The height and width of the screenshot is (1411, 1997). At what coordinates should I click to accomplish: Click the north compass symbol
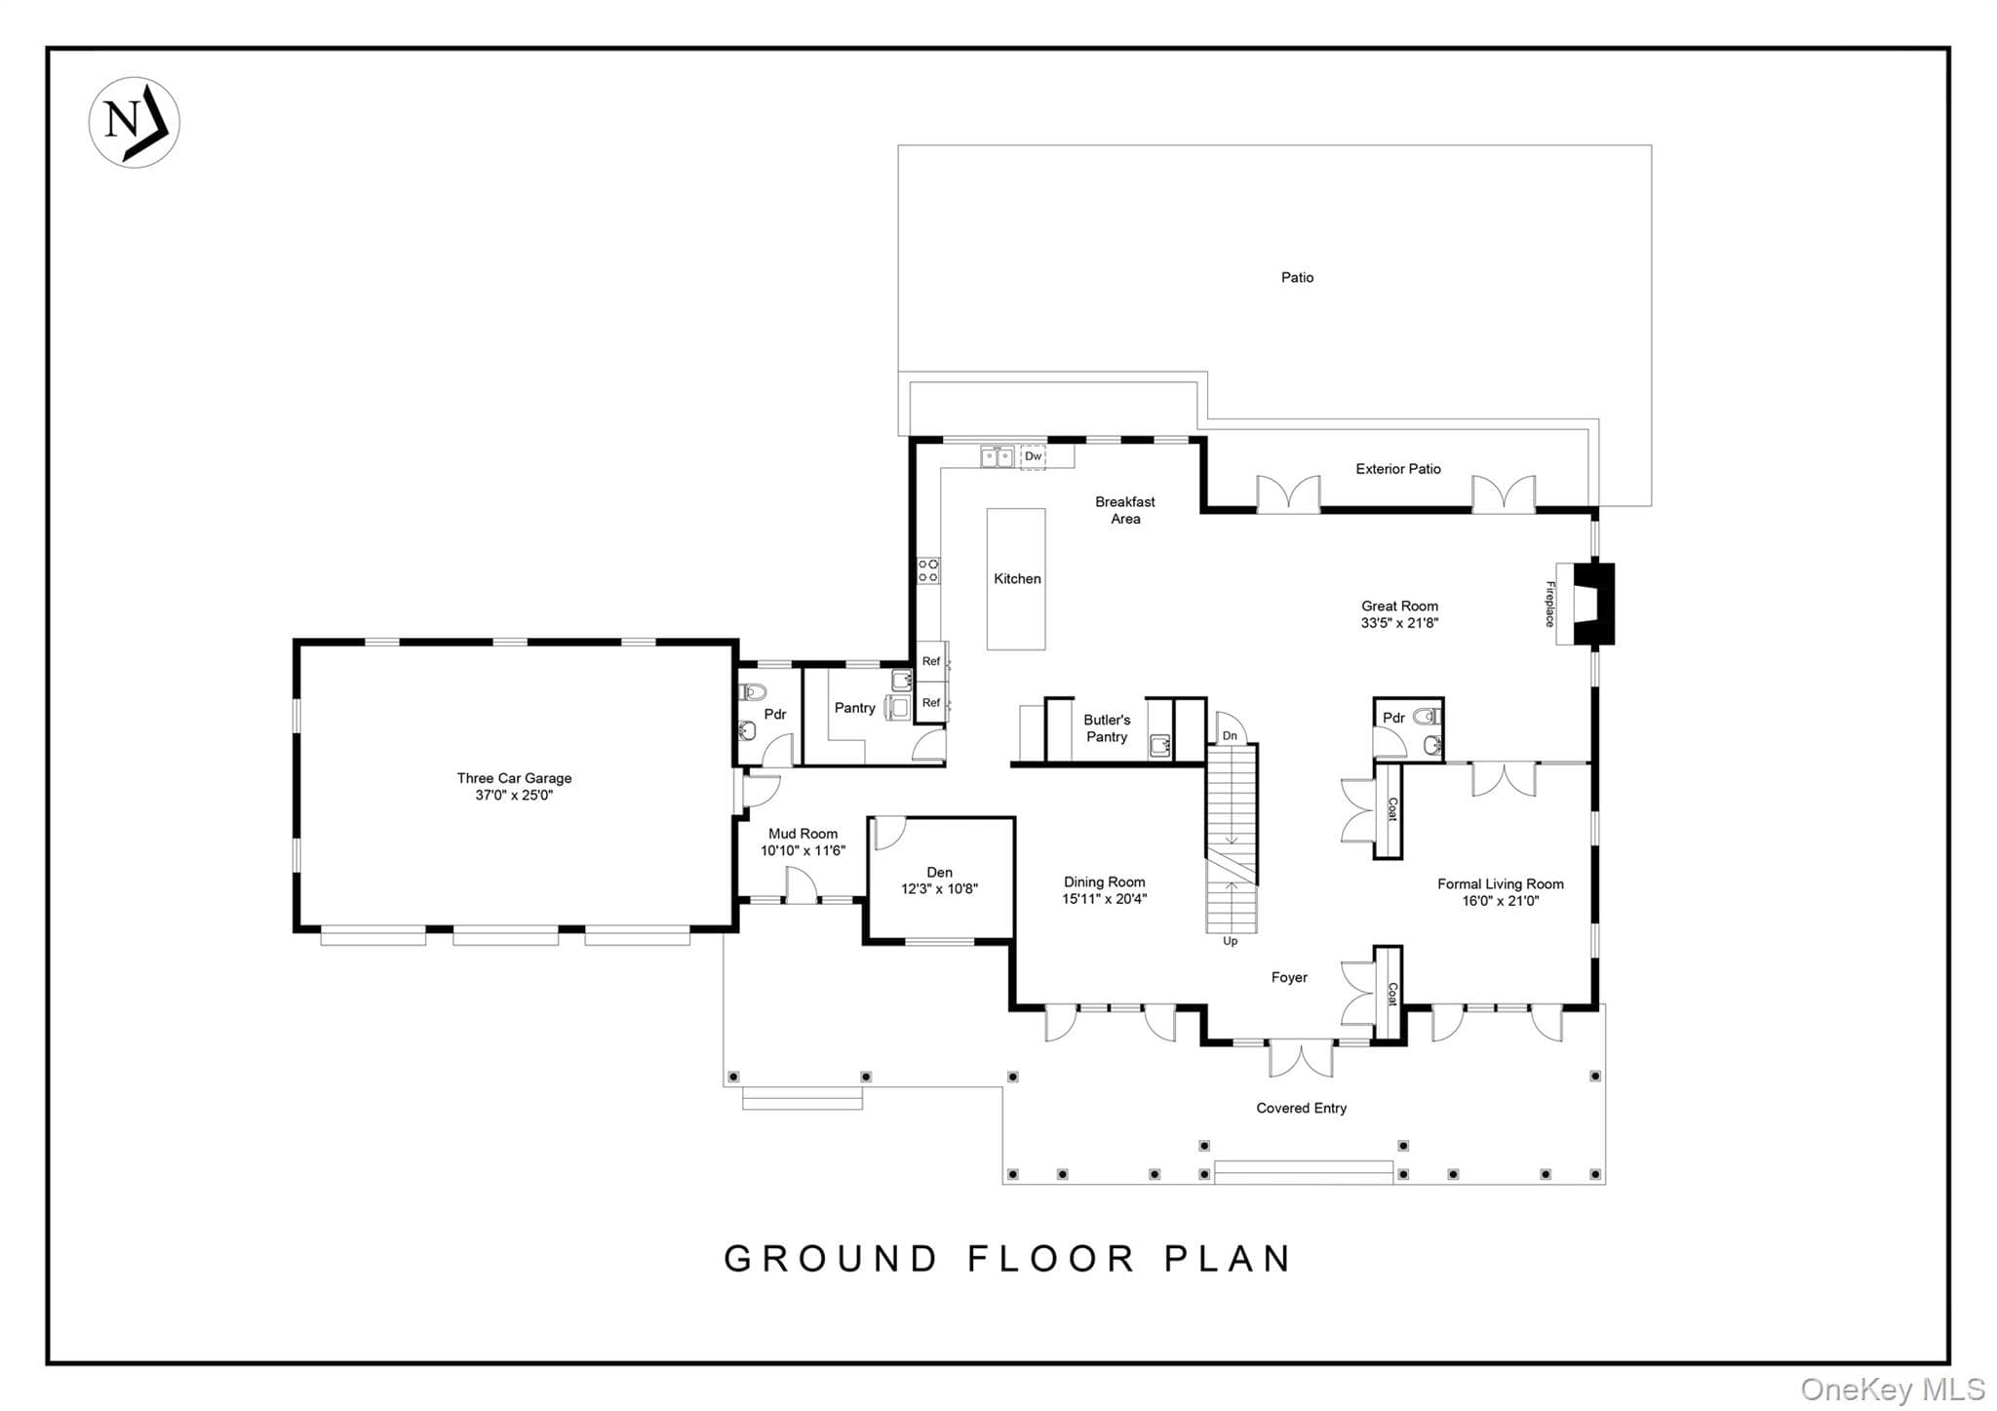click(x=135, y=122)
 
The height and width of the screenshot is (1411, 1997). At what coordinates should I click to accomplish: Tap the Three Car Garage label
click(x=514, y=778)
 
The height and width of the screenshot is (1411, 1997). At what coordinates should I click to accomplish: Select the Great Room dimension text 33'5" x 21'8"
click(x=1399, y=623)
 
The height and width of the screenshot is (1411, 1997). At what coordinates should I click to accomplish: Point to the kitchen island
click(x=1016, y=579)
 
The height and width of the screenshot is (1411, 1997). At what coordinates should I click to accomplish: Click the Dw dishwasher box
click(x=1033, y=456)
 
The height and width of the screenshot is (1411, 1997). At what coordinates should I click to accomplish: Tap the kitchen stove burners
click(x=928, y=570)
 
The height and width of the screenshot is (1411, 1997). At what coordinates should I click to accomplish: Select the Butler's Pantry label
click(x=1107, y=728)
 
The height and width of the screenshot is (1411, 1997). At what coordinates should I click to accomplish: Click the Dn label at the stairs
click(x=1230, y=736)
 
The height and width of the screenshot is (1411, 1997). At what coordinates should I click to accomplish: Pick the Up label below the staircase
click(x=1231, y=941)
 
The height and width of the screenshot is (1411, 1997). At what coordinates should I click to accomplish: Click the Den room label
click(x=939, y=873)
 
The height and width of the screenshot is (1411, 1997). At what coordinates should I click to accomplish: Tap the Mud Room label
click(x=803, y=834)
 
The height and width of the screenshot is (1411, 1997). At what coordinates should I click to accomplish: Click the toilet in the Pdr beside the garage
click(x=753, y=692)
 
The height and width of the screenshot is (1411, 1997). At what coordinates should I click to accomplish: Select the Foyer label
click(x=1289, y=977)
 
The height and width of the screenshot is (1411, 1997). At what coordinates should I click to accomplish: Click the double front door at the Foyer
click(x=1301, y=1057)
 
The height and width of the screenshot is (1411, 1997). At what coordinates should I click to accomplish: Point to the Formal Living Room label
click(x=1500, y=884)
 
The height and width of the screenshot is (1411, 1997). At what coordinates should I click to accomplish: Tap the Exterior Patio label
click(x=1398, y=469)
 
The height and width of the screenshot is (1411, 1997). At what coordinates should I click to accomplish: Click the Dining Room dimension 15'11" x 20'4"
click(x=1104, y=899)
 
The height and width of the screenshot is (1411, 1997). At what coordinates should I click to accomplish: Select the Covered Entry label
click(x=1301, y=1108)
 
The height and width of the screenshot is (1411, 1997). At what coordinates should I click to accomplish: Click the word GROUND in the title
click(x=831, y=1259)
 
